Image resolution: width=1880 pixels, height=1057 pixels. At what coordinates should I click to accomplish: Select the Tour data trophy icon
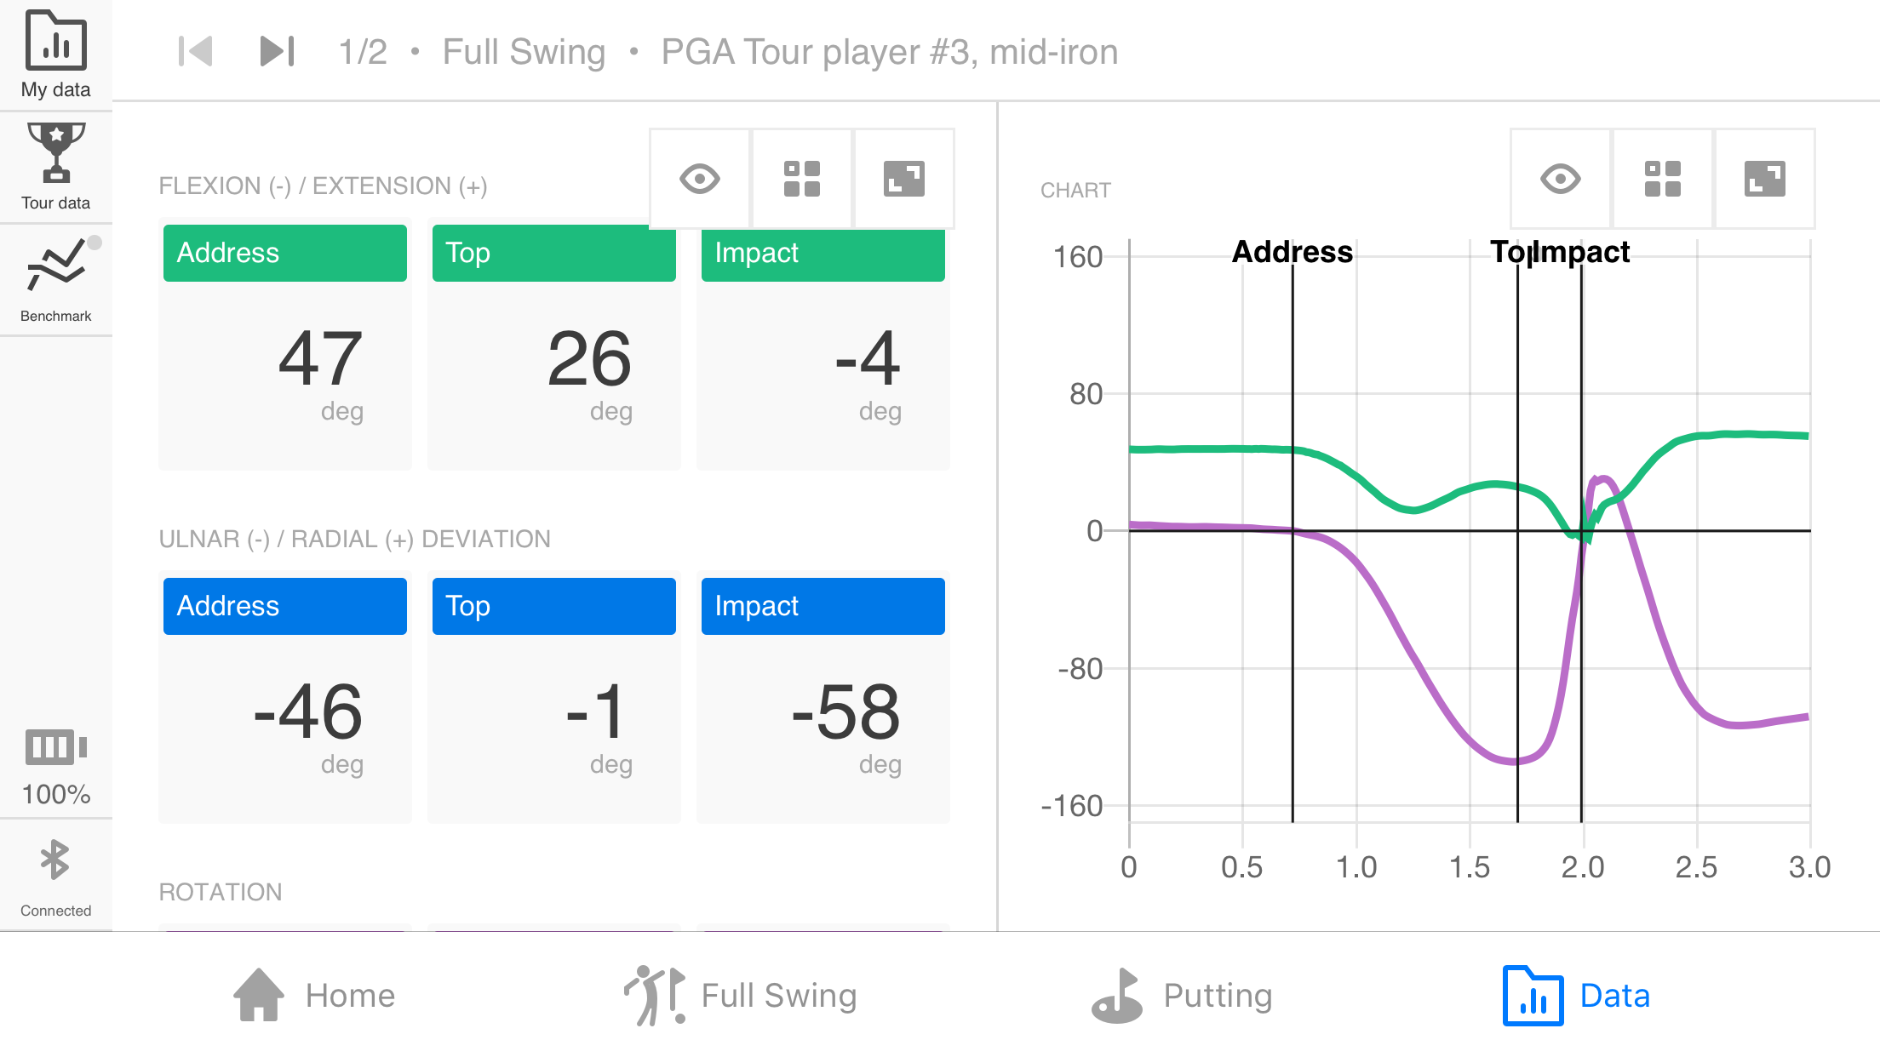tap(55, 153)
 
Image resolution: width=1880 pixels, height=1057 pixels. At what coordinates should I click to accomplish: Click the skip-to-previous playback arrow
tap(195, 51)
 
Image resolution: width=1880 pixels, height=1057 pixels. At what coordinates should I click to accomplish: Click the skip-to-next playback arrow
tap(277, 51)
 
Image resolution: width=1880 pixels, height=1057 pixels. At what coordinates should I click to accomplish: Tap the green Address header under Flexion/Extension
tap(284, 253)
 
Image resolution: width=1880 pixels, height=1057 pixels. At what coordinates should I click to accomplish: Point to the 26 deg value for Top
tap(589, 359)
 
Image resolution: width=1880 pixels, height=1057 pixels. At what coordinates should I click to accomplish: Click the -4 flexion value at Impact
tap(867, 359)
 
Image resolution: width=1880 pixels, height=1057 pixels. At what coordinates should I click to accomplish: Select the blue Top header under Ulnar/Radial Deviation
tap(553, 606)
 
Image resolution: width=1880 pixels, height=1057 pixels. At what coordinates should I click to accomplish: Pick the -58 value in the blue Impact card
tap(845, 712)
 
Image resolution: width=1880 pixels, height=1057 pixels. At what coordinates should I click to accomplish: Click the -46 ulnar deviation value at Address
tap(308, 712)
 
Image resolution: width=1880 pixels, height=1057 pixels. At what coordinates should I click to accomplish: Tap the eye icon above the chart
tap(1560, 179)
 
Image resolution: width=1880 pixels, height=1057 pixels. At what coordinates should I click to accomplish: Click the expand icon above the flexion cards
tap(903, 179)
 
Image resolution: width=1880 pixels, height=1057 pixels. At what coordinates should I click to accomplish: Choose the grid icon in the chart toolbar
tap(1662, 179)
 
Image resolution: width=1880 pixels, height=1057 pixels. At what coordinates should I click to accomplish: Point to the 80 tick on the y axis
tap(1086, 394)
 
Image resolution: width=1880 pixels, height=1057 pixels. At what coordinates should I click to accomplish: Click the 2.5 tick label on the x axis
tap(1696, 867)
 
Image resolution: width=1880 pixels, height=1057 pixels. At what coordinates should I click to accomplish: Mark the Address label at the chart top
tap(1292, 252)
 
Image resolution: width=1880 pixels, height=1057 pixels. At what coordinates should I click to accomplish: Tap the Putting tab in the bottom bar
tap(1184, 996)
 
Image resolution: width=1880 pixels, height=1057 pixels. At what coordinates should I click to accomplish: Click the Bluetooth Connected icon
tap(55, 861)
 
